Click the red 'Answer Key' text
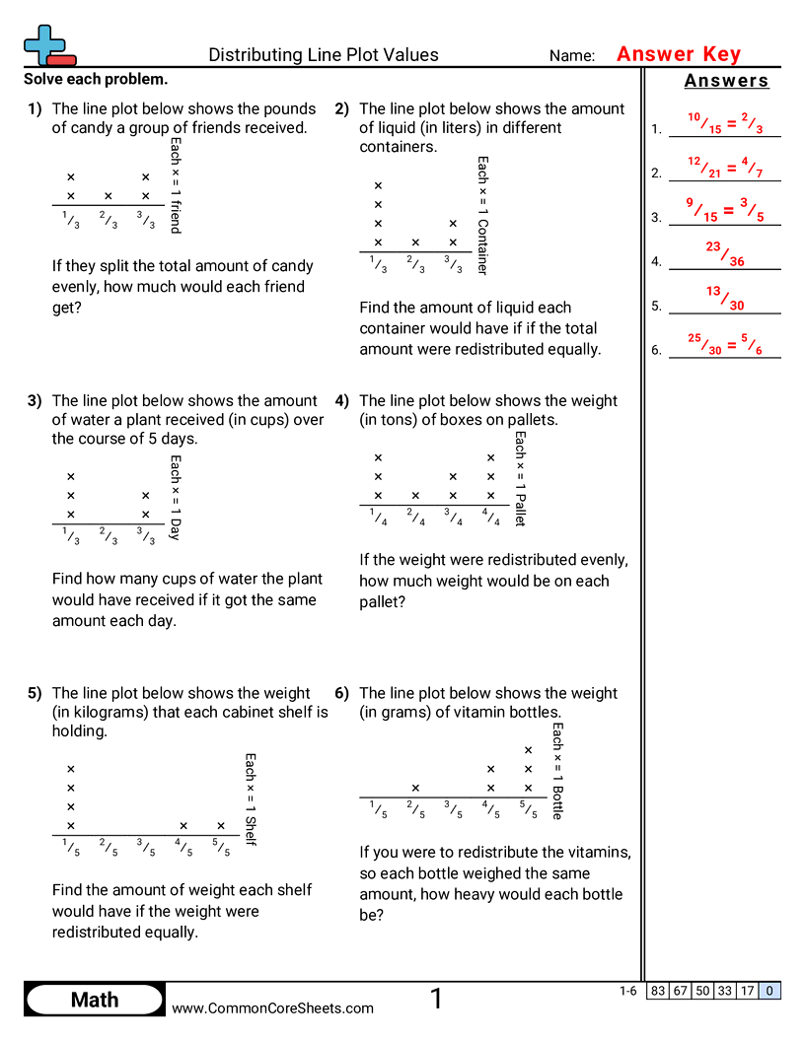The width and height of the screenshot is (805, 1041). [x=679, y=55]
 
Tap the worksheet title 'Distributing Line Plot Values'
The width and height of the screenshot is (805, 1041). [x=324, y=55]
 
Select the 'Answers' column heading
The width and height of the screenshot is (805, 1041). [x=726, y=81]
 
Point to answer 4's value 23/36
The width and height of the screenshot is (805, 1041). [x=725, y=254]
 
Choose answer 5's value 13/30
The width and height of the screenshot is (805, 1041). [x=725, y=298]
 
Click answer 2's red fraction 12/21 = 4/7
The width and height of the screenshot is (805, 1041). [x=725, y=167]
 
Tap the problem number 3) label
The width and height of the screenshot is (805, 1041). [x=35, y=401]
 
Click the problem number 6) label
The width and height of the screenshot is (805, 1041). [x=342, y=693]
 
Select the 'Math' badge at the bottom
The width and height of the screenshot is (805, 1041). [x=95, y=1001]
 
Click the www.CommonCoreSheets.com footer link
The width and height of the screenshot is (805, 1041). [x=273, y=1007]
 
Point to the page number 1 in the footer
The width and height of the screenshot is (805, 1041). [x=436, y=1000]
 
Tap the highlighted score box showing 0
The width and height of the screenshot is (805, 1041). [x=770, y=991]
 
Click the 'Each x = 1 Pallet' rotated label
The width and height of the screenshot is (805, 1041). [x=521, y=478]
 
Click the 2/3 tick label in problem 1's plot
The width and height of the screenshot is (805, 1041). [x=109, y=220]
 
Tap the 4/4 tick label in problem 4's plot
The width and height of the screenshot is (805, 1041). [x=490, y=516]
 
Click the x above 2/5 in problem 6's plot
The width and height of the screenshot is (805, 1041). [x=415, y=788]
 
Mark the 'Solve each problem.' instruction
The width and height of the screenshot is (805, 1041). [x=96, y=80]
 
